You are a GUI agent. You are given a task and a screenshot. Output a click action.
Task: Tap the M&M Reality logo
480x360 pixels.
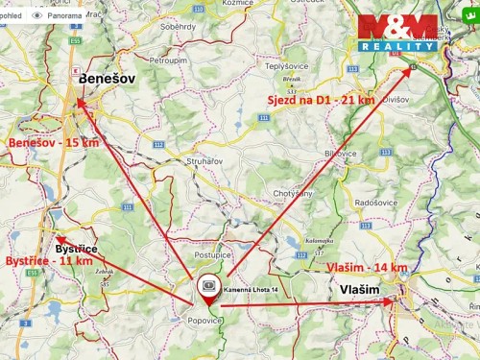[397, 33]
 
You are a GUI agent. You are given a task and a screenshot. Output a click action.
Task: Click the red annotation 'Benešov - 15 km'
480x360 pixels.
[54, 142]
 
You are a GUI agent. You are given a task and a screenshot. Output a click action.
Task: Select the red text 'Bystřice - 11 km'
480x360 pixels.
[49, 259]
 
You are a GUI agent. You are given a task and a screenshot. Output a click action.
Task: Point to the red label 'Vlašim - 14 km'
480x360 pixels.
[367, 267]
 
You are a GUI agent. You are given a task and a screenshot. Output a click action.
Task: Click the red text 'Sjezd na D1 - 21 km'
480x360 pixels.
[321, 100]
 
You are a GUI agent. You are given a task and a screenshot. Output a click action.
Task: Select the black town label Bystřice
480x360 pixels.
[76, 249]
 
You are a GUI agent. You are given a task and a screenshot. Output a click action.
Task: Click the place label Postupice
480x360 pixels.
[214, 256]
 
